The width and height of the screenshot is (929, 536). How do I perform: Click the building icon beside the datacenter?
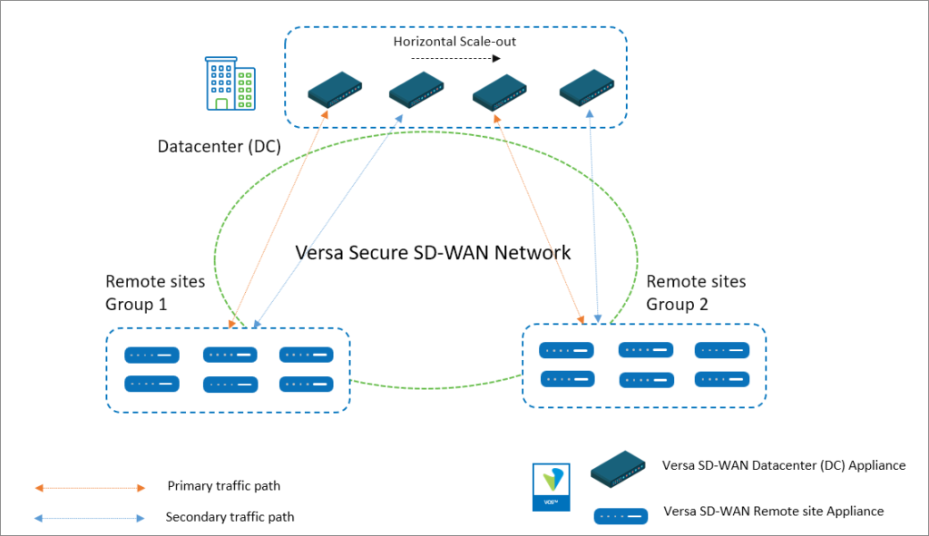tap(230, 83)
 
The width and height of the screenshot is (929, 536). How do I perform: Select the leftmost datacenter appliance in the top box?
tap(335, 91)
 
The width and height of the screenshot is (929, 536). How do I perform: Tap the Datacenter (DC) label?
tap(220, 146)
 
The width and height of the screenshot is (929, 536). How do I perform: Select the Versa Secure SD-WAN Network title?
tap(434, 252)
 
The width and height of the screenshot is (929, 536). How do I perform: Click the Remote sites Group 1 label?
tap(155, 292)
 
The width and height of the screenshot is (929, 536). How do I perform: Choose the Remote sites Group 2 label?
tap(696, 292)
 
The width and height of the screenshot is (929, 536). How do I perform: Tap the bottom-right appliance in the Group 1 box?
tap(306, 384)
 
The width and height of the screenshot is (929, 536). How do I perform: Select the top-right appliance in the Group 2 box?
tap(722, 350)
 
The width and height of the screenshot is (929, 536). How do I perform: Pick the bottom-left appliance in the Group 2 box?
tap(567, 379)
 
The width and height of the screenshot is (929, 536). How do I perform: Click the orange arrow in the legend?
tap(90, 488)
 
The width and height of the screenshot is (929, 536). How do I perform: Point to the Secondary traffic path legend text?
tap(230, 517)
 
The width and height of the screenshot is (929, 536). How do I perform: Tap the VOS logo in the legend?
tap(552, 485)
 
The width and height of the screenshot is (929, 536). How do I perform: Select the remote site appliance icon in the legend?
tap(621, 516)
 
